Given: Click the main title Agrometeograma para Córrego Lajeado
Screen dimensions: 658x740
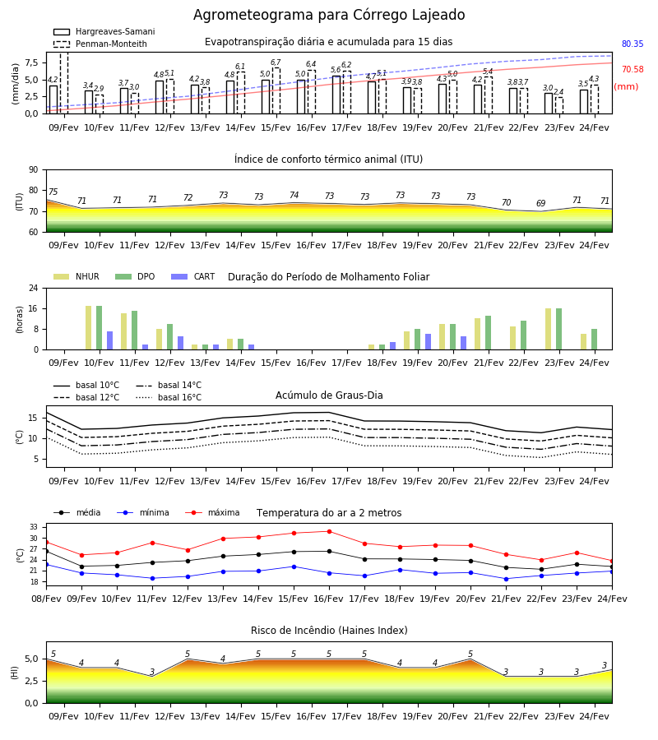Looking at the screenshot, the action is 329,15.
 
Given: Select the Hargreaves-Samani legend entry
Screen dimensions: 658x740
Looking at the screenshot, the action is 104,31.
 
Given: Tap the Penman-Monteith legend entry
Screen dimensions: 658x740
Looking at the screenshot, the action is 100,44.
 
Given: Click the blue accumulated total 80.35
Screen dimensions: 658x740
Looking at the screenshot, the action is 633,44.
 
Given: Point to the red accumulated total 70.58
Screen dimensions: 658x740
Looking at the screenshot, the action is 633,69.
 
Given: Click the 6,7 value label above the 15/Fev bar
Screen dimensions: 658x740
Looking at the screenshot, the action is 276,62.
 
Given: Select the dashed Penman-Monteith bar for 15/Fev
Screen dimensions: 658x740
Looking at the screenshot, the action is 276,91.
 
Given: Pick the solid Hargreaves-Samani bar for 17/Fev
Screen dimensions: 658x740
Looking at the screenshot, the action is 336,95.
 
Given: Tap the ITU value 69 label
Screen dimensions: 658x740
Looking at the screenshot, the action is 541,203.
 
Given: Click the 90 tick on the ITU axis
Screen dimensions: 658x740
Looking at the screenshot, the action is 34,170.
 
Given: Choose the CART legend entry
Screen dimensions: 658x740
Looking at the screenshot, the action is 192,276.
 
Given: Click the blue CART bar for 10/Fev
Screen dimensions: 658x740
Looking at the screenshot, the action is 109,340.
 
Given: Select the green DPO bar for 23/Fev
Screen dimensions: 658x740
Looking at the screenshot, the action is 558,329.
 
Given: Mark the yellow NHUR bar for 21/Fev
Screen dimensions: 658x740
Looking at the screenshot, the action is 478,334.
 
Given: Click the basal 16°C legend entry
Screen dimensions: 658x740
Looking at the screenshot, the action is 169,397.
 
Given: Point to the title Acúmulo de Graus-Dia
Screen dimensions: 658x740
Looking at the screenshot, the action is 329,395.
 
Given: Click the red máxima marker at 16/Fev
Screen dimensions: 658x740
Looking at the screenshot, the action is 330,531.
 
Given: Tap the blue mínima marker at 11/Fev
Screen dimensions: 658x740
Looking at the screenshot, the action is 152,578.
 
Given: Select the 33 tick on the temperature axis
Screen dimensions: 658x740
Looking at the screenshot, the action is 34,527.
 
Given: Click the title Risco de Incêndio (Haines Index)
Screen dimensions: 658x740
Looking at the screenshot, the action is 329,630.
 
